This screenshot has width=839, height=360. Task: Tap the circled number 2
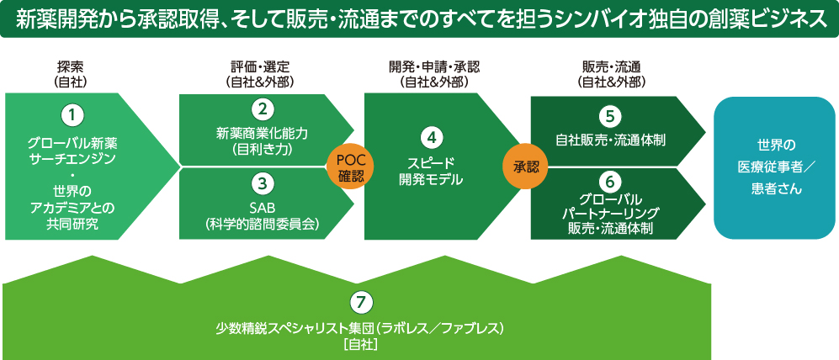pos(263,109)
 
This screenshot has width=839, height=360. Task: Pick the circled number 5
pos(611,114)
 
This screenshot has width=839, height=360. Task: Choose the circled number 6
pos(611,179)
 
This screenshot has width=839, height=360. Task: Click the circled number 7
pos(359,301)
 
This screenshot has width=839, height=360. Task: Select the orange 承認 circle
pos(525,167)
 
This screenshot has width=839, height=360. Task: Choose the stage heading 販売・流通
pos(612,66)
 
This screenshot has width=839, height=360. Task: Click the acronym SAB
pos(263,207)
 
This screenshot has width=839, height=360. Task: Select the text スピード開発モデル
pos(431,171)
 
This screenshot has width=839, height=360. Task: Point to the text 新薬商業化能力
pos(263,133)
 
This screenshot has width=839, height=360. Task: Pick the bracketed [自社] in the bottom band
pos(359,343)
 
